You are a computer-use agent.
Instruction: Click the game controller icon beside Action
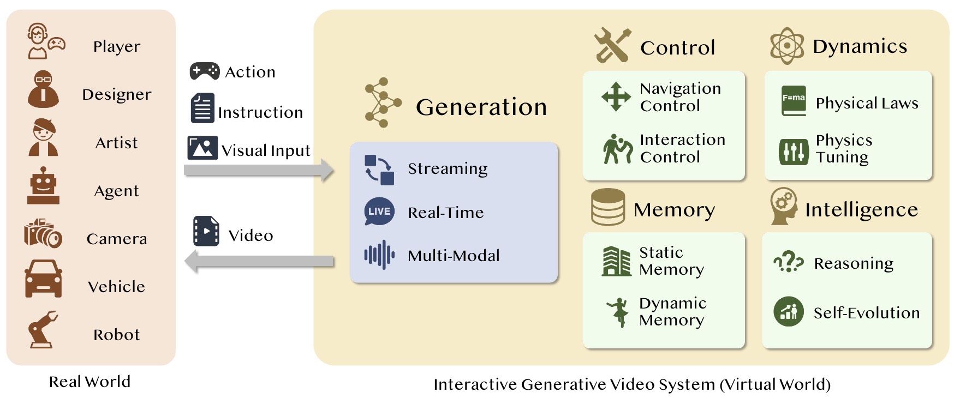pos(205,71)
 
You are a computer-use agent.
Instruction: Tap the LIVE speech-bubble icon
pos(379,211)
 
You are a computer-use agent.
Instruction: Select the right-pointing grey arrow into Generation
pos(259,170)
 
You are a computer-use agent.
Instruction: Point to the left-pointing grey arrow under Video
pos(259,262)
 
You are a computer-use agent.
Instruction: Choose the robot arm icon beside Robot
pos(43,330)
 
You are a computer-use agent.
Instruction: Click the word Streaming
pos(448,169)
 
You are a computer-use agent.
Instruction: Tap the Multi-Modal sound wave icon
pos(379,255)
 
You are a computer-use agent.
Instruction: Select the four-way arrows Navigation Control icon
pos(616,96)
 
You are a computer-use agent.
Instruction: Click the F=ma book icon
pos(794,101)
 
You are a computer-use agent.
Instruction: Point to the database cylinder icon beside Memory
pos(608,207)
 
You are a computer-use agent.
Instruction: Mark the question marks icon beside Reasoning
pos(789,262)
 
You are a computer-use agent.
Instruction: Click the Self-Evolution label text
pos(867,313)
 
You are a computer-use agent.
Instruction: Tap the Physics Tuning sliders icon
pos(794,152)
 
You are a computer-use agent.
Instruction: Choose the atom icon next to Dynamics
pos(787,46)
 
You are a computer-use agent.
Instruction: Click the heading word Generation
pos(481,107)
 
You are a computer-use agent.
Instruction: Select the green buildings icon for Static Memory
pos(616,261)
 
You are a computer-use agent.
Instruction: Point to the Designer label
pos(117,94)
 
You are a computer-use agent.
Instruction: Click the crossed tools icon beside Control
pos(612,45)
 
